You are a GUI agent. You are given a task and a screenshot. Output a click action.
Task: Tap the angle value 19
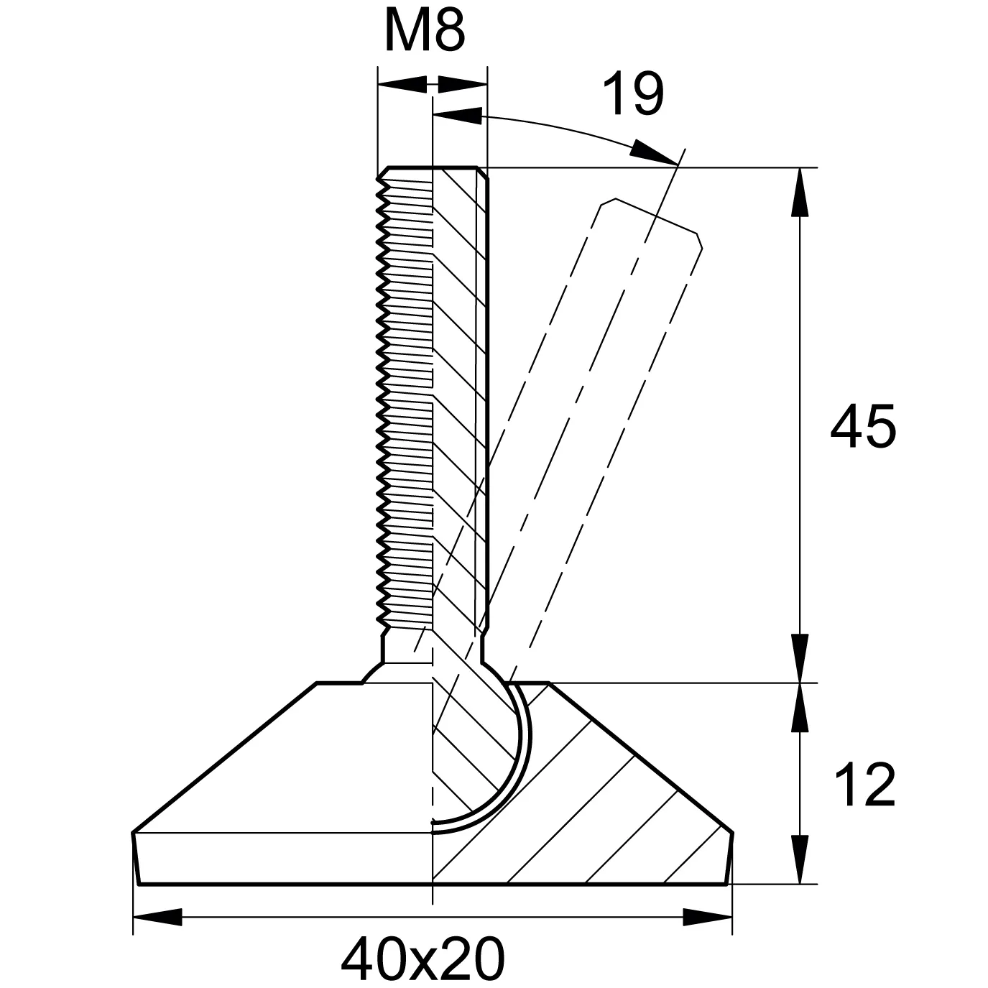[633, 95]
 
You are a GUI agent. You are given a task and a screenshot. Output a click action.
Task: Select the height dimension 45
[863, 427]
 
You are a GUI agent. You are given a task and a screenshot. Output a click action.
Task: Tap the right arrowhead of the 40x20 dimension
[708, 918]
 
